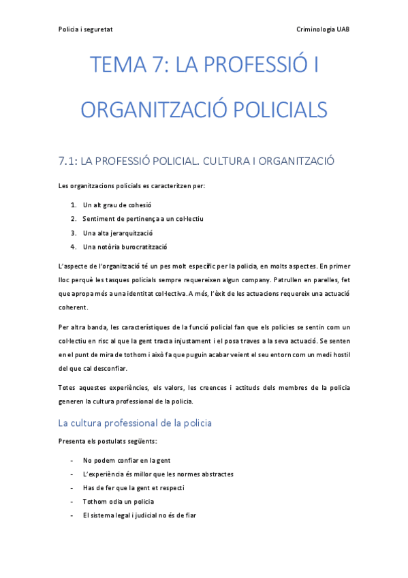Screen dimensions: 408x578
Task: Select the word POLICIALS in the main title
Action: [274, 109]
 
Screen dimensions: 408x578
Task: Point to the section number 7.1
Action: [67, 162]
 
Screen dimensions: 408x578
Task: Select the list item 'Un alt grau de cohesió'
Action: [117, 204]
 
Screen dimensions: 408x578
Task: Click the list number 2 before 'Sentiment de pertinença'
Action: [73, 219]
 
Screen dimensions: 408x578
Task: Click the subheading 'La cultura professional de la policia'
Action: [135, 423]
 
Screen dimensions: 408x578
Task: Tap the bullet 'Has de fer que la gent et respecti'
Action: [134, 488]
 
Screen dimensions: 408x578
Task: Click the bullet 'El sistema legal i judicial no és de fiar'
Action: [139, 515]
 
